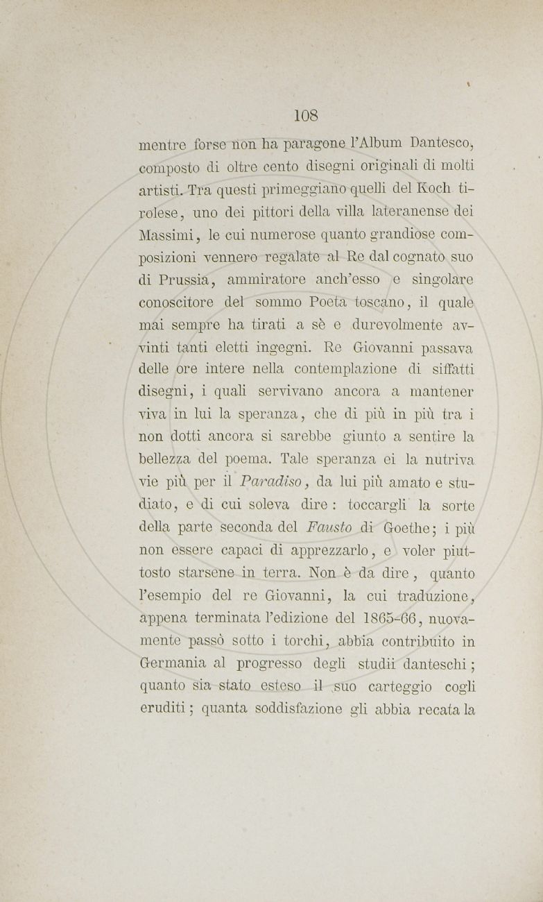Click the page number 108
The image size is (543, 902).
coord(305,115)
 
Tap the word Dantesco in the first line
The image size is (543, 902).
coord(440,145)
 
